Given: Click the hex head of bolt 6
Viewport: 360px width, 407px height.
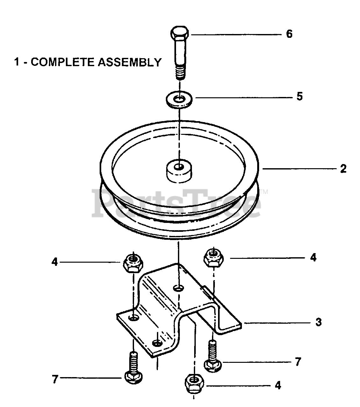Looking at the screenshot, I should tap(180, 33).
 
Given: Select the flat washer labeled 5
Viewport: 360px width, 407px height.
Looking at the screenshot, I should tap(180, 99).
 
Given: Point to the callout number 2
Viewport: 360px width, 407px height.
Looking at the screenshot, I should tap(343, 169).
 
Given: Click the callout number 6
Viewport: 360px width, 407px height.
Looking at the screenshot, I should tap(289, 34).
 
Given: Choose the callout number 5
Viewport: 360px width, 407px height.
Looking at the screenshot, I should tap(300, 96).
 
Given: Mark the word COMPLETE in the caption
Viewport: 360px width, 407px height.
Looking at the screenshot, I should tap(62, 62).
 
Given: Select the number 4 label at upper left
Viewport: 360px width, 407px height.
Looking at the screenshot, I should tap(55, 263).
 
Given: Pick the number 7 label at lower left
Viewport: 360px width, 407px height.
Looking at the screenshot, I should tap(55, 379).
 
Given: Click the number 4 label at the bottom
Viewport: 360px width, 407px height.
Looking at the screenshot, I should tap(278, 386).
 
